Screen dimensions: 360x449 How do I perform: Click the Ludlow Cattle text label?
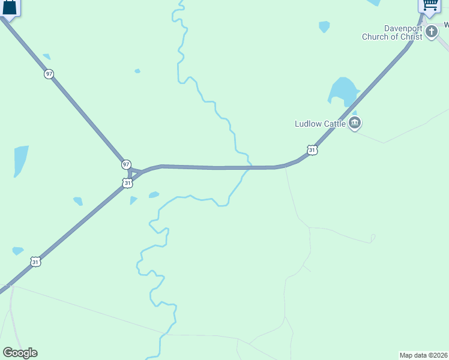pyautogui.click(x=320, y=124)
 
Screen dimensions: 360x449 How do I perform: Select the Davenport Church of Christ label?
pyautogui.click(x=391, y=32)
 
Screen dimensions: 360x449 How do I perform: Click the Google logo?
pyautogui.click(x=20, y=353)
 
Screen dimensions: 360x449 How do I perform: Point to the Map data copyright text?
pyautogui.click(x=424, y=355)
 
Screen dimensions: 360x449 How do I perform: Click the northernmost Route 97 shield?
pyautogui.click(x=49, y=74)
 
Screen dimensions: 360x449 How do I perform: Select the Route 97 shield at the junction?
pyautogui.click(x=126, y=164)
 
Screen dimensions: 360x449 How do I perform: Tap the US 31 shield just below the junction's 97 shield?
pyautogui.click(x=127, y=183)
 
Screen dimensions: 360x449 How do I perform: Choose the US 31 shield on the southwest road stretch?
pyautogui.click(x=36, y=262)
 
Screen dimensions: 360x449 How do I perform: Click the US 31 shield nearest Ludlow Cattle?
pyautogui.click(x=312, y=150)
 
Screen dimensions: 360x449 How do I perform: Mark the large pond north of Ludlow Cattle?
pyautogui.click(x=342, y=91)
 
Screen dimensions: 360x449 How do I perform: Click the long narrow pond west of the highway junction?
pyautogui.click(x=20, y=160)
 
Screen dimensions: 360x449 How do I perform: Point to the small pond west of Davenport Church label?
pyautogui.click(x=324, y=26)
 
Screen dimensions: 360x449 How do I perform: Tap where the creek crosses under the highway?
pyautogui.click(x=249, y=167)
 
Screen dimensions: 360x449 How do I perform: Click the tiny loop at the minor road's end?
pyautogui.click(x=373, y=238)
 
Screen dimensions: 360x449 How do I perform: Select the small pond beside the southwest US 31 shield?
pyautogui.click(x=17, y=251)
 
